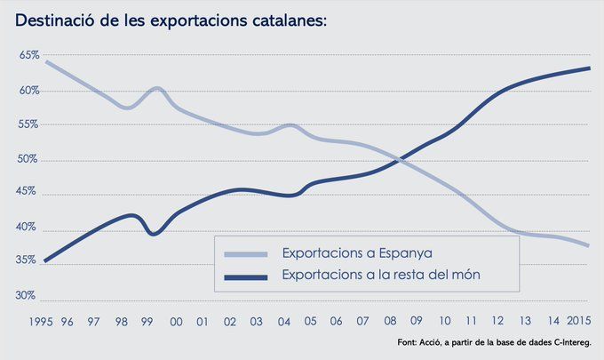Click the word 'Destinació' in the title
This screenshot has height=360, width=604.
(x=56, y=19)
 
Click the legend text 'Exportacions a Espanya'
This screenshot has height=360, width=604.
(x=350, y=254)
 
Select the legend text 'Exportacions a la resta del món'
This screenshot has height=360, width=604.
(x=381, y=276)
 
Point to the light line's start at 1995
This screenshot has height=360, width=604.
(x=45, y=62)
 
